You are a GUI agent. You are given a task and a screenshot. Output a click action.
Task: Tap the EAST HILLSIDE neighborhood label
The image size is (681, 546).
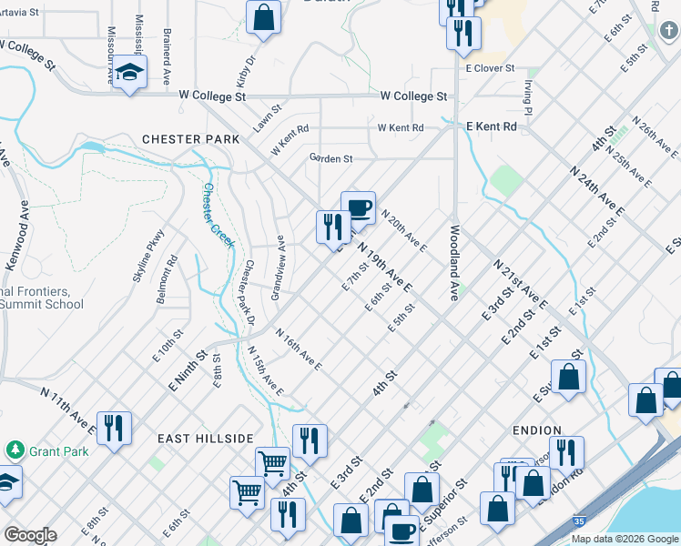pos(205,439)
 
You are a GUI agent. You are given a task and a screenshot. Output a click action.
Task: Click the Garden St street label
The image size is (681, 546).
pos(330,158)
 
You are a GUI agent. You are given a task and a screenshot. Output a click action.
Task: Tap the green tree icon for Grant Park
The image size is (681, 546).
pos(15,450)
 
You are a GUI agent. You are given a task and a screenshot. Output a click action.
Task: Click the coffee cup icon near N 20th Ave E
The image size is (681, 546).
pos(358,207)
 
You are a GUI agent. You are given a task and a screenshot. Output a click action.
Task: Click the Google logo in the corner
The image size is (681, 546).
pos(30,535)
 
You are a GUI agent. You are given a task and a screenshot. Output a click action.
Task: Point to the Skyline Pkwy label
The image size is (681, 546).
pos(147,258)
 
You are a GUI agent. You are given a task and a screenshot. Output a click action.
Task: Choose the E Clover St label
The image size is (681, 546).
pos(490,68)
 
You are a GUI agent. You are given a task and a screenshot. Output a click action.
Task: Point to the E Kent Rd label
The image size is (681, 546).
pos(491,126)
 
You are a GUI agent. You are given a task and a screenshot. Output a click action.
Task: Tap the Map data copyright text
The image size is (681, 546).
pos(625,539)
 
